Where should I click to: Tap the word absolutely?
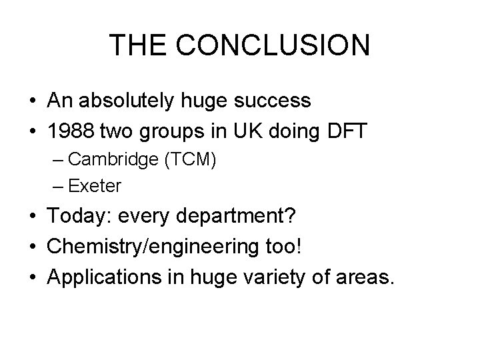pyautogui.click(x=133, y=101)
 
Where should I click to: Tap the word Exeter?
pyautogui.click(x=95, y=186)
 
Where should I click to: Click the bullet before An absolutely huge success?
pyautogui.click(x=32, y=101)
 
